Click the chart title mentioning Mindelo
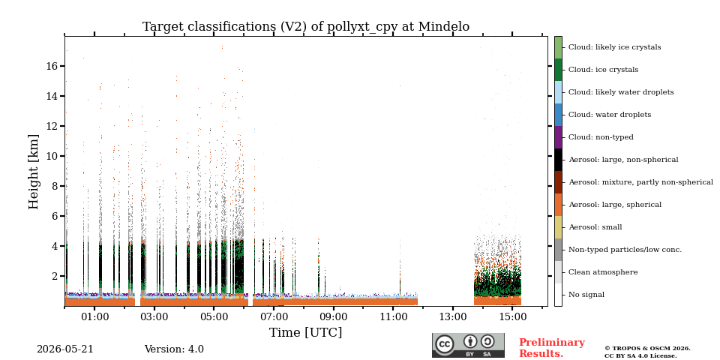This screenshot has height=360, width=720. click(306, 27)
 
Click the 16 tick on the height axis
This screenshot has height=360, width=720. click(52, 66)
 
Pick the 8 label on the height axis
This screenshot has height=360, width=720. click(55, 186)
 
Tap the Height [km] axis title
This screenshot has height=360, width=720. click(34, 172)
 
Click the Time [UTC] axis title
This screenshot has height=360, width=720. click(306, 332)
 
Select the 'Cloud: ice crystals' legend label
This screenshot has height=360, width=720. click(603, 70)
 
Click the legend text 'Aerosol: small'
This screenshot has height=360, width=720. click(595, 227)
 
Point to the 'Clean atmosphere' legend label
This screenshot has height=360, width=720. click(603, 272)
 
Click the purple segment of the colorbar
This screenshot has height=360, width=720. click(558, 137)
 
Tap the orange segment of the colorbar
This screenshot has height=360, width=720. click(558, 205)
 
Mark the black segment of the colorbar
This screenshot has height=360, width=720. click(558, 160)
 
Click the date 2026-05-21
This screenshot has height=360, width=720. click(65, 349)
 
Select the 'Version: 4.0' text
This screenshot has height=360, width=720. click(174, 349)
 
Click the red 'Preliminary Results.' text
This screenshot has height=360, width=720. click(552, 347)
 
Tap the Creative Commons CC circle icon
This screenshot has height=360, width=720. click(445, 344)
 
